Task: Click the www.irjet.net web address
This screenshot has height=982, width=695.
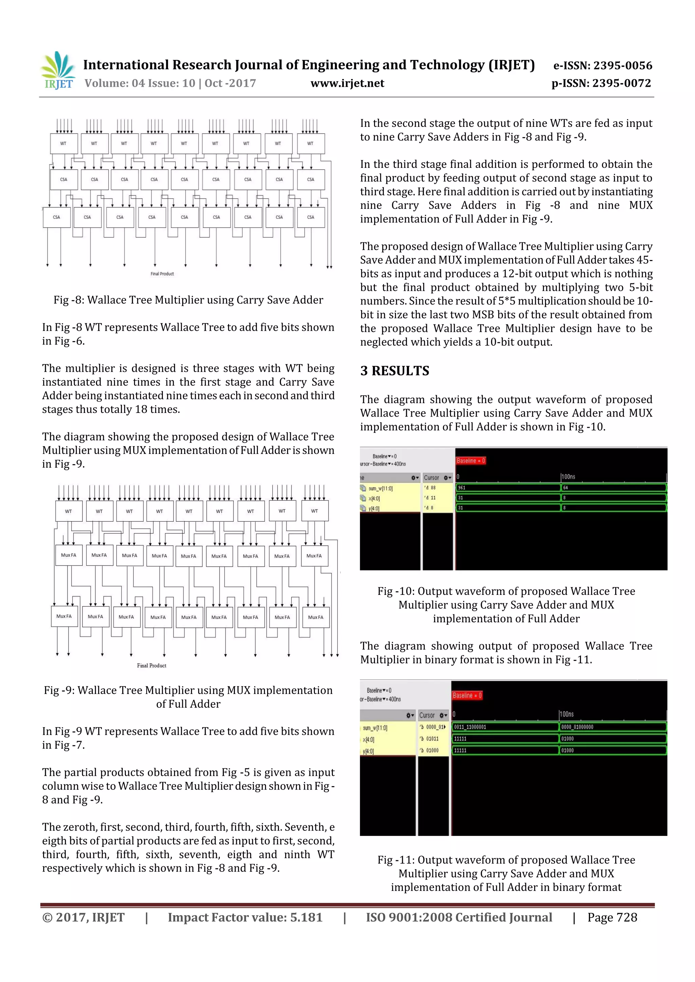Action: [x=347, y=83]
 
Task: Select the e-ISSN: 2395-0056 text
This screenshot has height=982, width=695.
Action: [x=602, y=65]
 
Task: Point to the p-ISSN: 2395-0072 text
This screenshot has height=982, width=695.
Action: [x=601, y=83]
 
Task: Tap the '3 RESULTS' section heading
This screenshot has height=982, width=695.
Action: [x=394, y=371]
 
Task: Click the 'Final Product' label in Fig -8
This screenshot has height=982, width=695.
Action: [x=162, y=274]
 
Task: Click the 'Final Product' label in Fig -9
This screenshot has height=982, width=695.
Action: [x=152, y=665]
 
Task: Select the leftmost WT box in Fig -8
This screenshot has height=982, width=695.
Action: [x=63, y=144]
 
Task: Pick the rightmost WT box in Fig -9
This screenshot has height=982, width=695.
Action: [x=315, y=511]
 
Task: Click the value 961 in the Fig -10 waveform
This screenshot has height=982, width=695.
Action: [x=462, y=487]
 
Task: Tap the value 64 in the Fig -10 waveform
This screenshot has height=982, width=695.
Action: [x=566, y=487]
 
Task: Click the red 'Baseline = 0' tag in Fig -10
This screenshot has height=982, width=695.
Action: [x=471, y=461]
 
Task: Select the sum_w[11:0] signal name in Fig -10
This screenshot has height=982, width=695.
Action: [x=381, y=488]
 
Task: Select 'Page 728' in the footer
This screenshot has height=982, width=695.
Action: [x=612, y=917]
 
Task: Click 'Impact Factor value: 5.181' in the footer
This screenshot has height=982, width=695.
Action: [x=245, y=917]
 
